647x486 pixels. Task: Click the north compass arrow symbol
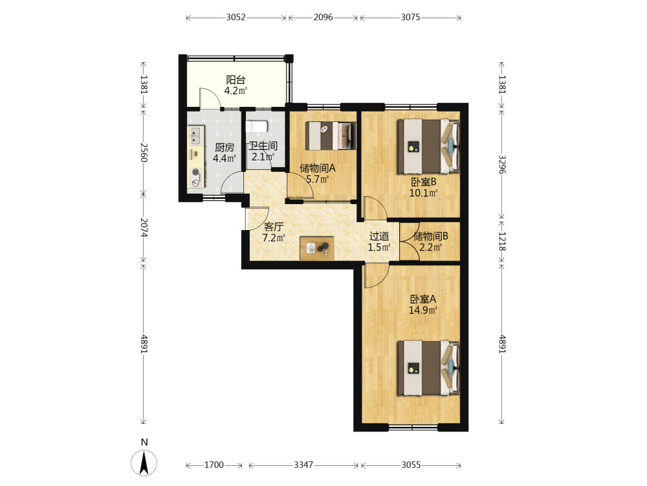(144, 463)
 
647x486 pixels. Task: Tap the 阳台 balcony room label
(236, 80)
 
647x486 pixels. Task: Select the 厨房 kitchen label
(225, 148)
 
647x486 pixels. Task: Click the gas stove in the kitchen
(195, 178)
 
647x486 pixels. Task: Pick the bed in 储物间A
(331, 135)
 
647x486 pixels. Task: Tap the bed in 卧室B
(428, 146)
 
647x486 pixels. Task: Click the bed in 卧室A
(428, 368)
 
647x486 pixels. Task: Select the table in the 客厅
(317, 248)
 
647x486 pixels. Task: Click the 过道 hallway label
(379, 237)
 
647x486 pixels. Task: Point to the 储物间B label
(431, 237)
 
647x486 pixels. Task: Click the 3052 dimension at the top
(236, 17)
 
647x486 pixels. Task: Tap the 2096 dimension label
(323, 17)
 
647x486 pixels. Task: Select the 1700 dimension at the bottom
(214, 465)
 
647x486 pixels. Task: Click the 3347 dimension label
(303, 465)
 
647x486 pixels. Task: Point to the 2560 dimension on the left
(144, 152)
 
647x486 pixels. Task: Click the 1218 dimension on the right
(502, 241)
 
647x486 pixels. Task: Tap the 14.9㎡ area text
(423, 310)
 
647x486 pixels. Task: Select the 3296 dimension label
(502, 165)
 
